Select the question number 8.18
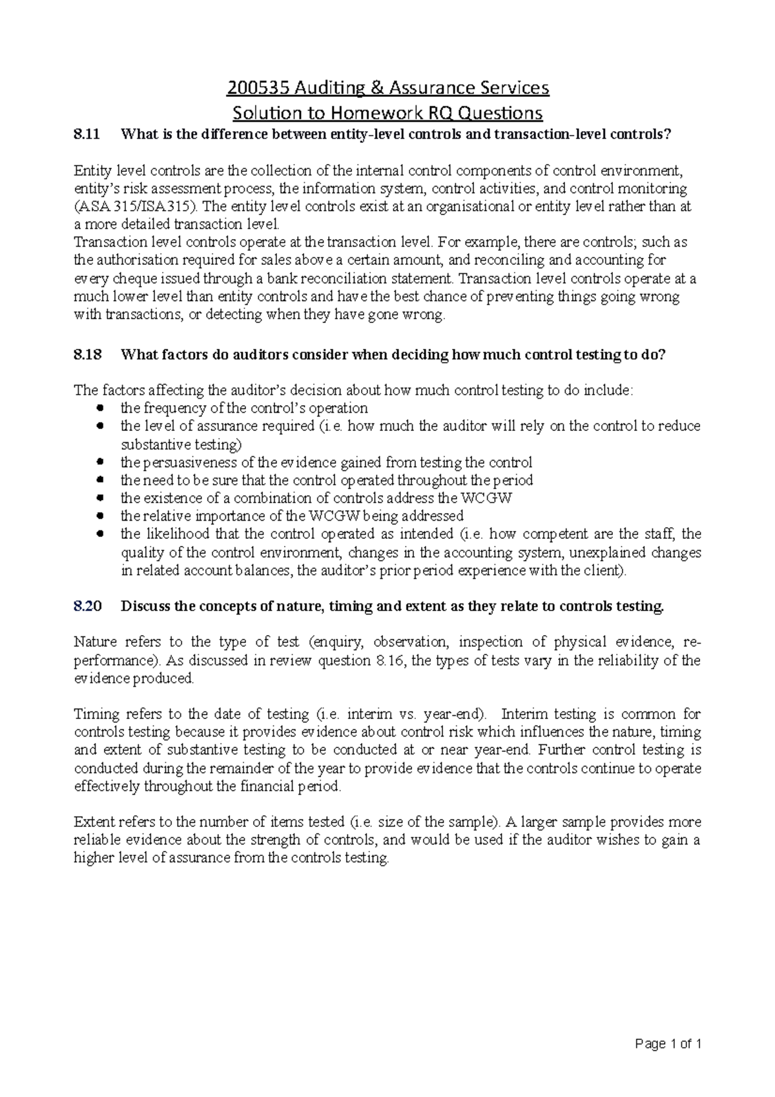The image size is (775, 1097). pos(88,355)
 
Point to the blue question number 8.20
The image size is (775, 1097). pos(88,606)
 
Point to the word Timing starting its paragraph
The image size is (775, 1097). pos(97,715)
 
